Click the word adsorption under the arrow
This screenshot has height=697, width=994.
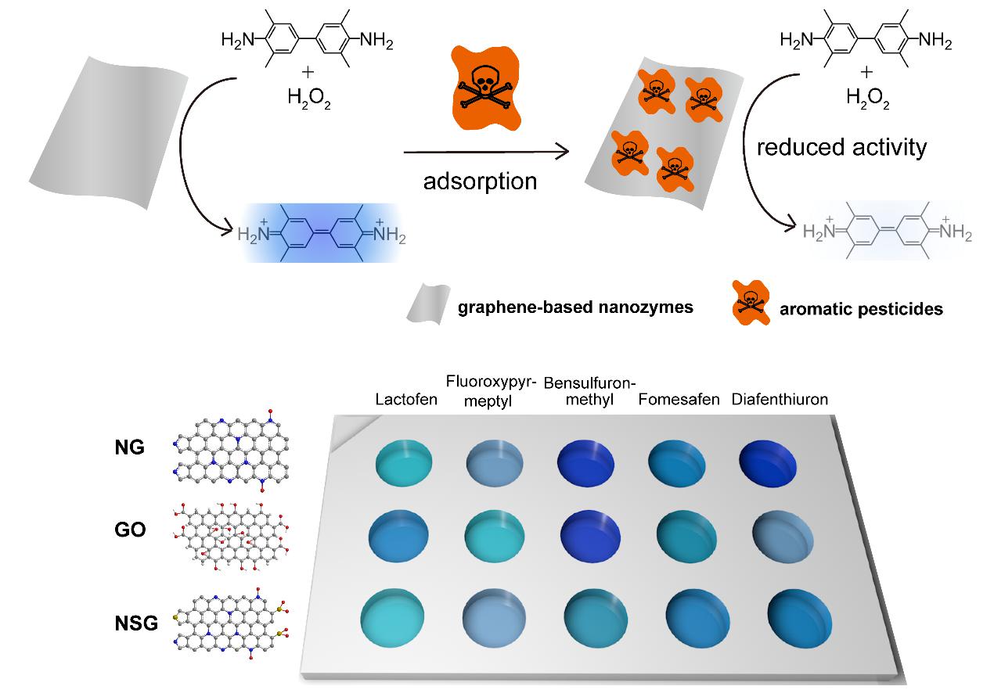tap(480, 181)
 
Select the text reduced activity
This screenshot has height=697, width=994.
tap(841, 147)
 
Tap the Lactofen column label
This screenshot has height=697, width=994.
tap(400, 400)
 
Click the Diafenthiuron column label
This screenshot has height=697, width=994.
tap(780, 400)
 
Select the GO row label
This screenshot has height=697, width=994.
tap(128, 530)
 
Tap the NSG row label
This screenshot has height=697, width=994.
tap(135, 623)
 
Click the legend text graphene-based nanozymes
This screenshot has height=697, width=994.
tap(575, 307)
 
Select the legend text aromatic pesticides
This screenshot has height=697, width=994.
tap(861, 309)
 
